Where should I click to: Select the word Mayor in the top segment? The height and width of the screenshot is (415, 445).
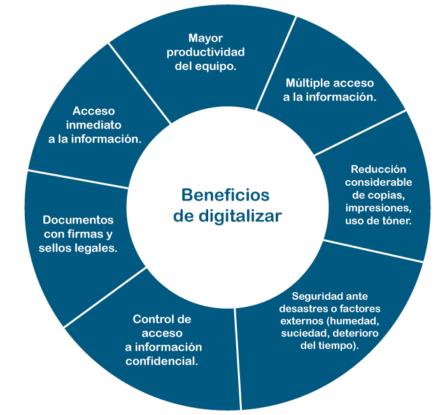click(x=204, y=38)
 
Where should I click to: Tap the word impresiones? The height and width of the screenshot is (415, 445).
click(x=378, y=208)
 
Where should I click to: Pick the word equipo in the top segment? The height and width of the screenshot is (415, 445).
click(x=218, y=66)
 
